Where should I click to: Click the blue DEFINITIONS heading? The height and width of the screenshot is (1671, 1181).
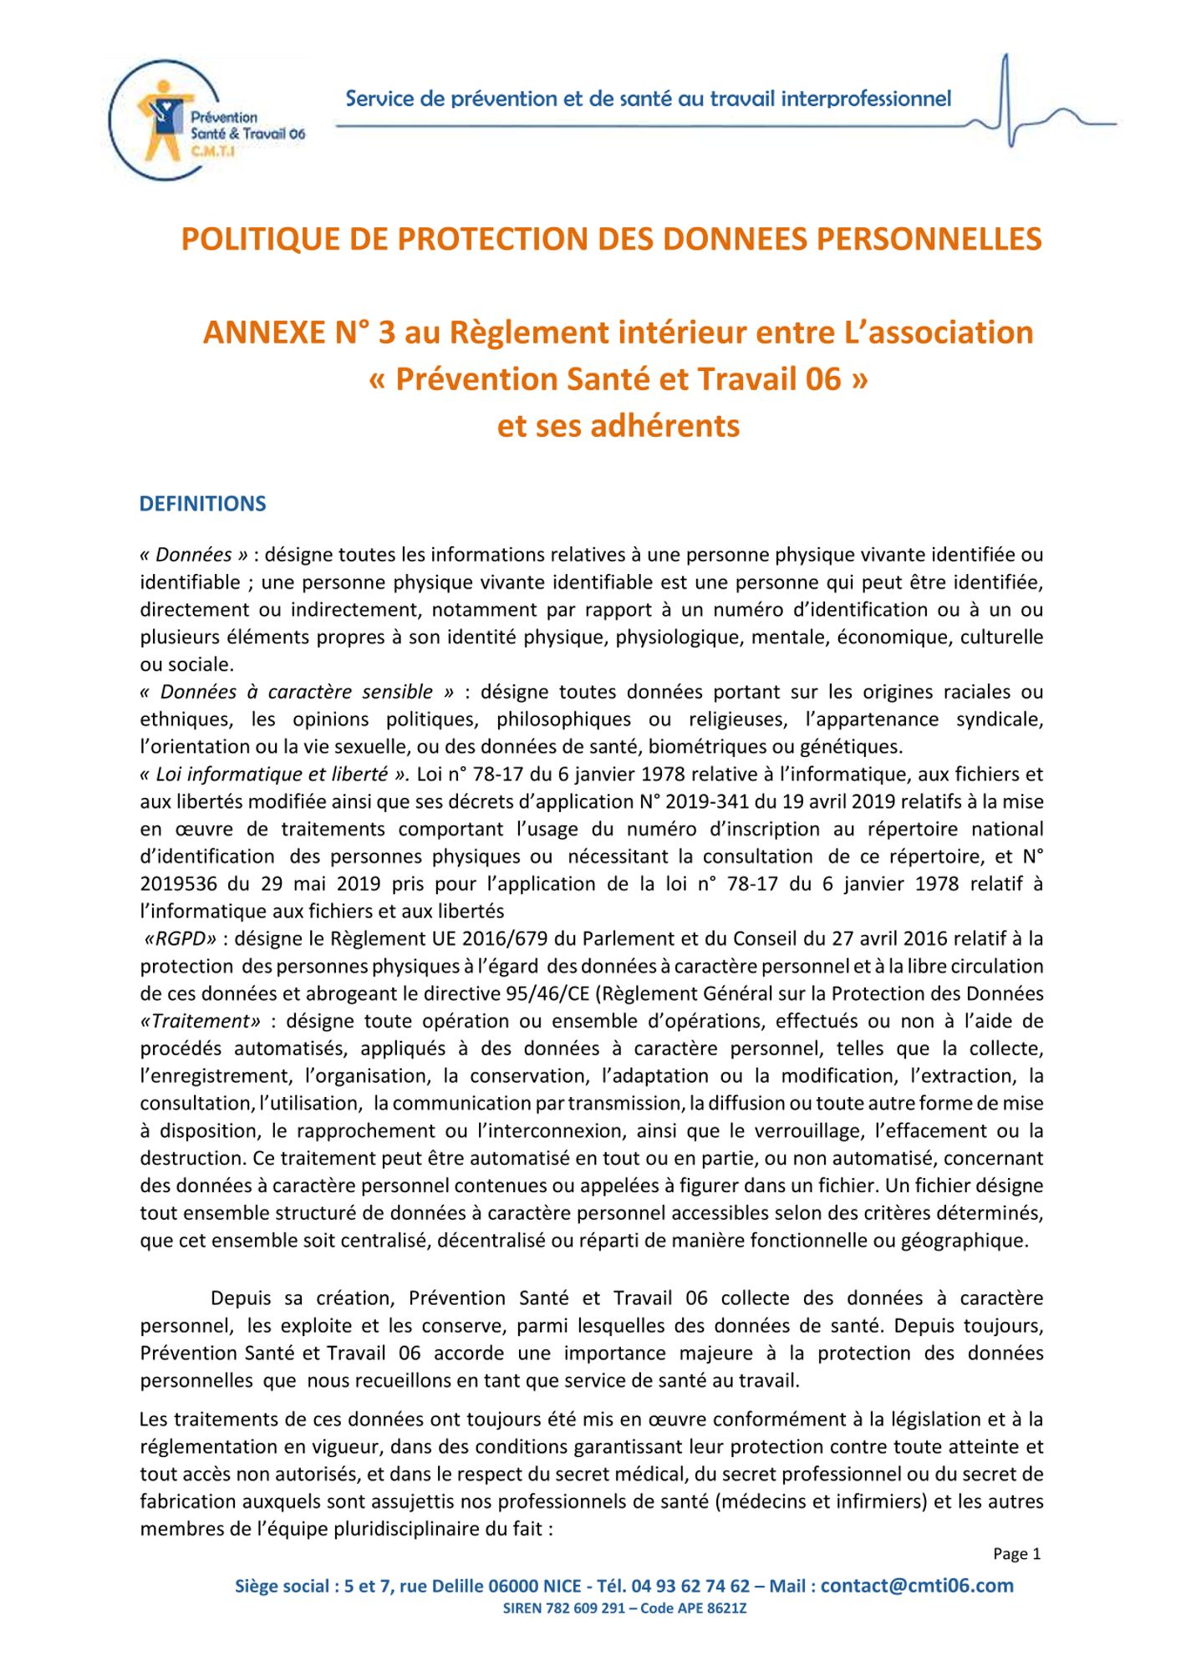coord(202,504)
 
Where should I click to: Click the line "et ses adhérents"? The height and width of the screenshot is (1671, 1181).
coord(618,426)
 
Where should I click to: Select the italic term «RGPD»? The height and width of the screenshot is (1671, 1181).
coord(181,938)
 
